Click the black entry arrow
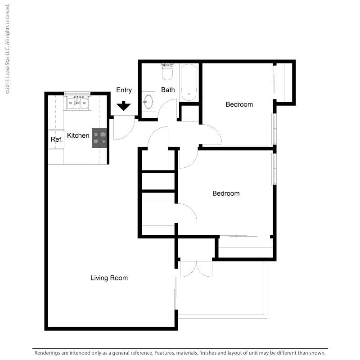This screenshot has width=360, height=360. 123,106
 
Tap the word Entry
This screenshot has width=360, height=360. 124,90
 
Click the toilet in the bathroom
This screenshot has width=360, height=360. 167,72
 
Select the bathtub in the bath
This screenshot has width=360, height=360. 189,82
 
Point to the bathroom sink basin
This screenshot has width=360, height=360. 148,102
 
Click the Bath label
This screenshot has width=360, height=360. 168,90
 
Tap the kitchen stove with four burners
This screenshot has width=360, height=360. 99,138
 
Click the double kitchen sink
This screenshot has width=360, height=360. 77,103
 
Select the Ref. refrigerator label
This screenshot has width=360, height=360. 57,139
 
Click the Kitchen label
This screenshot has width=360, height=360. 78,135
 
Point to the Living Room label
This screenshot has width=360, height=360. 109,278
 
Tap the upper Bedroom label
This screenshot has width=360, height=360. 239,104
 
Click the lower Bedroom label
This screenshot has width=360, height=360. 226,193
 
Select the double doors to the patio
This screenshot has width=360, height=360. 196,269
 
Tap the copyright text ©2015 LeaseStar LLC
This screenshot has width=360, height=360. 8,69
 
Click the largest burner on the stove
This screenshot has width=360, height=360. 103,134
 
